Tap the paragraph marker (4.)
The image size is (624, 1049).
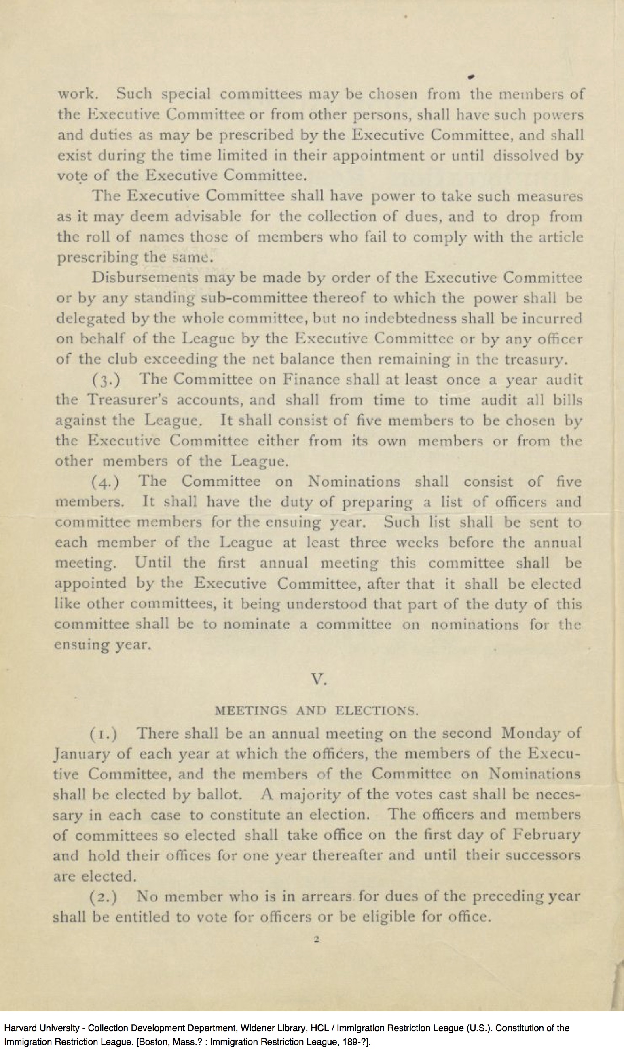[106, 481]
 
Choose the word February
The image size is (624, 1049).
[546, 835]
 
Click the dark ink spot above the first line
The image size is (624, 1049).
[471, 76]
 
